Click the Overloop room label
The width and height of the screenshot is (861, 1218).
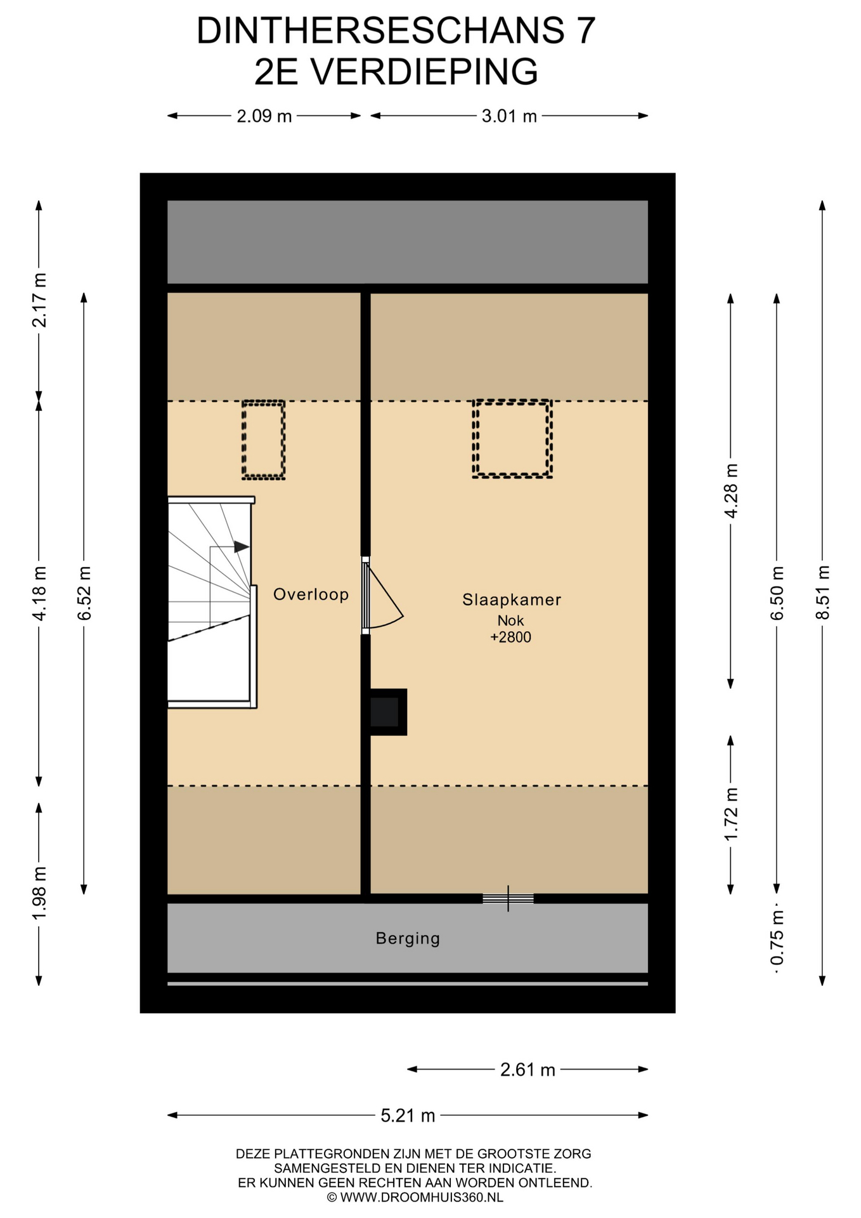pos(311,594)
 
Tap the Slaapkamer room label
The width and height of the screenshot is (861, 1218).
pos(512,599)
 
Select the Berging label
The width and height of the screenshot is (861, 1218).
pos(408,938)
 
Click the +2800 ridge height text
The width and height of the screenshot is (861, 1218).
pos(511,638)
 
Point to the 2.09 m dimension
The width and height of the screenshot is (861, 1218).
pos(264,116)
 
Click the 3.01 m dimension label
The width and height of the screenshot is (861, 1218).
pos(509,116)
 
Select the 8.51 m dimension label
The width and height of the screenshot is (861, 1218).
pos(822,593)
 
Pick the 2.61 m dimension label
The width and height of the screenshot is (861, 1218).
pos(528,1070)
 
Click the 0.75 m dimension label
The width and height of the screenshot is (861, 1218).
pos(777,938)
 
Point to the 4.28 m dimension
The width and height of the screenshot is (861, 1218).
pos(731,491)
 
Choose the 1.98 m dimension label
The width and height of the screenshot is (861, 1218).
pos(39,893)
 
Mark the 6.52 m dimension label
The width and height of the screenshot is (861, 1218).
pos(84,593)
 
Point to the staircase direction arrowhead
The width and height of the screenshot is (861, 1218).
pos(242,546)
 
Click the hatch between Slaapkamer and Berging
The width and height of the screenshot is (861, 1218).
pos(508,898)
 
